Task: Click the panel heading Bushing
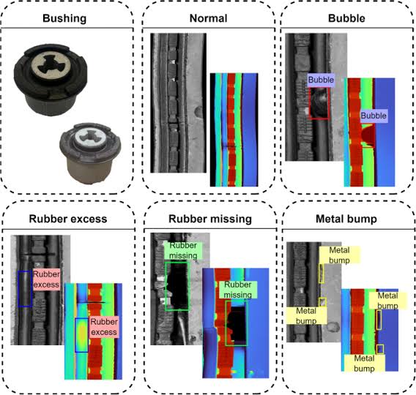(x=64, y=18)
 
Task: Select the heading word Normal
(x=208, y=18)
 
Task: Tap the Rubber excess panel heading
(x=68, y=219)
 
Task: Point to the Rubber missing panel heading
(x=210, y=219)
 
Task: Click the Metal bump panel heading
(x=346, y=219)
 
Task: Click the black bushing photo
(x=51, y=80)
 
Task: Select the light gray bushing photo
(x=90, y=153)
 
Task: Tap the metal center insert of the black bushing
(x=51, y=63)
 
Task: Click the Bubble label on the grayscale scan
(x=321, y=80)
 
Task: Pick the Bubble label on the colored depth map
(x=374, y=116)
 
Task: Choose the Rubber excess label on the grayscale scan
(x=46, y=279)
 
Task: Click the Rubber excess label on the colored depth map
(x=104, y=327)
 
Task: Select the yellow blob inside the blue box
(x=82, y=334)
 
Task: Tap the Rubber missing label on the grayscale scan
(x=183, y=251)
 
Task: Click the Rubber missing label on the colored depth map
(x=238, y=290)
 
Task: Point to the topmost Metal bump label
(x=339, y=255)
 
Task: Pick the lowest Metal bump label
(x=364, y=364)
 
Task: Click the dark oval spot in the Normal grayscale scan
(x=198, y=112)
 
